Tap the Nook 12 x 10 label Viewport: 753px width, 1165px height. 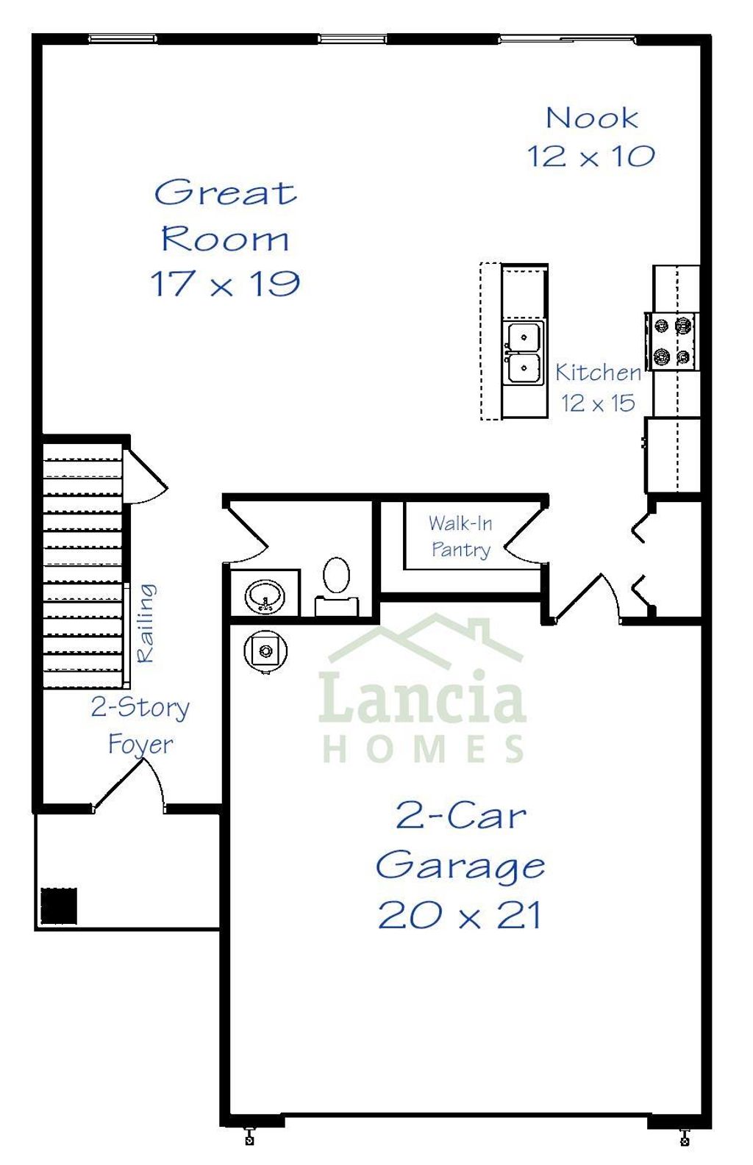click(591, 137)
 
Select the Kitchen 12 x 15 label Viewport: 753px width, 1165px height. click(597, 387)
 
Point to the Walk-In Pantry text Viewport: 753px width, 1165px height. click(460, 536)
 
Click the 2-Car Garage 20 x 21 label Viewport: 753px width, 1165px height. click(460, 865)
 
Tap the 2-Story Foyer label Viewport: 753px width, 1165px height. click(140, 725)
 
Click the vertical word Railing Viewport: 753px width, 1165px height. click(146, 623)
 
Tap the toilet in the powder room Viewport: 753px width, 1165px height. click(337, 584)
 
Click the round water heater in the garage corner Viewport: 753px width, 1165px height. click(265, 650)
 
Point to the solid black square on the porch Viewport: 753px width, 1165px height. click(59, 906)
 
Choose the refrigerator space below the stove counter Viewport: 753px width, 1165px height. click(672, 455)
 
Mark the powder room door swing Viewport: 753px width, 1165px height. click(246, 533)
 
